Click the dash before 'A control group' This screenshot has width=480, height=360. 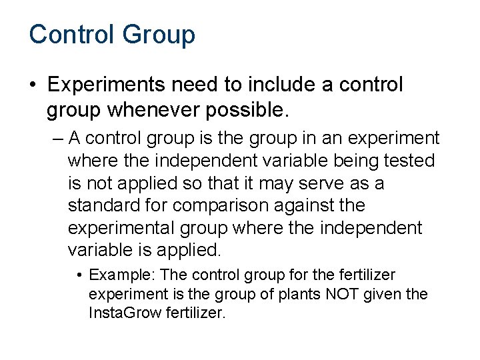(x=57, y=138)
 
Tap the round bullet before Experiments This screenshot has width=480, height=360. (x=33, y=86)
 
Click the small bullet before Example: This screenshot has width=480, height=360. (x=79, y=275)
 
